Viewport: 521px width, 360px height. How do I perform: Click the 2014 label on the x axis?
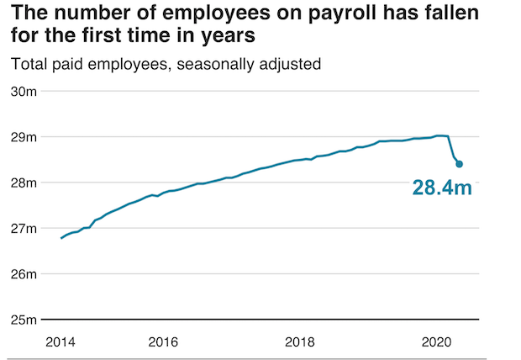pos(61,341)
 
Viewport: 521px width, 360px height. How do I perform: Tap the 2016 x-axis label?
pos(163,341)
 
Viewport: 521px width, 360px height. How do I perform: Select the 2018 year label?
pos(300,341)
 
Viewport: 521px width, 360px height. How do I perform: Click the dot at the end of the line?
pos(459,164)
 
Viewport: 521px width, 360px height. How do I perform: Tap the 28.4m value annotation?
pos(442,188)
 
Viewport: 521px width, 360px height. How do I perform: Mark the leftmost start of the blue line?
pos(61,238)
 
